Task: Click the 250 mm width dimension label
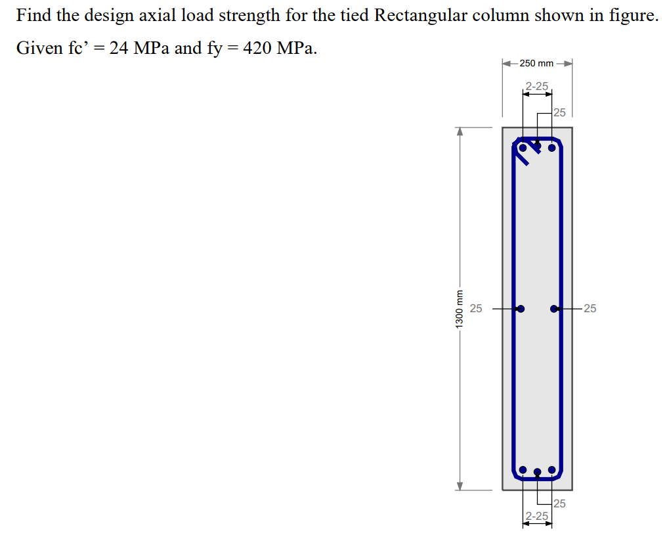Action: pyautogui.click(x=536, y=63)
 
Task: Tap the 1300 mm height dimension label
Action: pyautogui.click(x=460, y=308)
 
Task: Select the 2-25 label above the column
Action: pyautogui.click(x=537, y=86)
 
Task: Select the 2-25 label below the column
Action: pyautogui.click(x=537, y=516)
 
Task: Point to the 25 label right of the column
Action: pyautogui.click(x=590, y=308)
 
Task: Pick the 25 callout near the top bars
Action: pyautogui.click(x=559, y=112)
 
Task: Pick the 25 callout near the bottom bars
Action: pyautogui.click(x=559, y=503)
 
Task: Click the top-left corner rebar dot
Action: pyautogui.click(x=523, y=148)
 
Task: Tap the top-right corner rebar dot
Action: pyautogui.click(x=552, y=148)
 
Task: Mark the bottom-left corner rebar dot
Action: pyautogui.click(x=523, y=470)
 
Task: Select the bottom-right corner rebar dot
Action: pyautogui.click(x=552, y=470)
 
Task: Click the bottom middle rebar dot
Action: pyautogui.click(x=537, y=472)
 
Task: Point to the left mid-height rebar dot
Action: pyautogui.click(x=521, y=308)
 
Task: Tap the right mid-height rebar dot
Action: pyautogui.click(x=554, y=308)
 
